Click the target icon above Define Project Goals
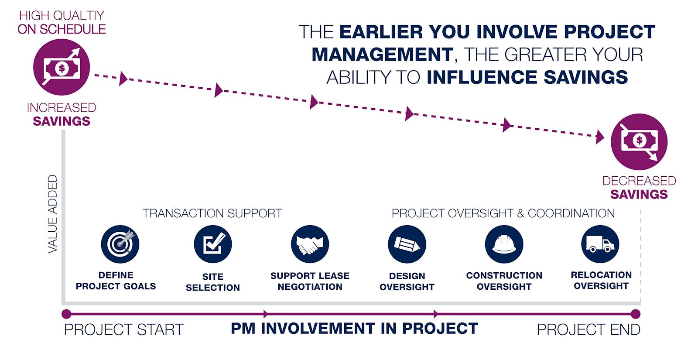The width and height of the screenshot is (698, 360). pos(120,244)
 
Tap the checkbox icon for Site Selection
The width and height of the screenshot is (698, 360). pos(213,244)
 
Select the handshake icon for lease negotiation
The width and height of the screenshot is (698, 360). pos(310,244)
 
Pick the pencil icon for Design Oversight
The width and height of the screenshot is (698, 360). pos(407,244)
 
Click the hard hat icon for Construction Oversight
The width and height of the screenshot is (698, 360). pos(504,244)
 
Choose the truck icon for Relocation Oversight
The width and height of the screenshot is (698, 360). pos(600,244)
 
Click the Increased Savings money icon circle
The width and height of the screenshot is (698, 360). pos(62,67)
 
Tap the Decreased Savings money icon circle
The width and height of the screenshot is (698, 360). pos(639,142)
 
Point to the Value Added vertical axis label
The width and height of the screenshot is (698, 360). pos(53,214)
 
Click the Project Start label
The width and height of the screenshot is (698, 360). pos(124,329)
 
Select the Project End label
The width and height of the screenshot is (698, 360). pos(589,329)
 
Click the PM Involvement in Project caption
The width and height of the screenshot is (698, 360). pos(354,329)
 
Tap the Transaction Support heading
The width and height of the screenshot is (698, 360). pos(212,213)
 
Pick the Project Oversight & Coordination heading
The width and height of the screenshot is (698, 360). pos(503,213)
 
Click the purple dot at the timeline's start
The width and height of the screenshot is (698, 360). pos(66,314)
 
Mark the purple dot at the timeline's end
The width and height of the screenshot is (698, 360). pos(636,314)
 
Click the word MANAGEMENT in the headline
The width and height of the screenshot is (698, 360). pos(382,55)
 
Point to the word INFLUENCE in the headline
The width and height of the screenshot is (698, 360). pos(482,77)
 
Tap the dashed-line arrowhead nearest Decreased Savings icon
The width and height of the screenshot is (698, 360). pos(599,137)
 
